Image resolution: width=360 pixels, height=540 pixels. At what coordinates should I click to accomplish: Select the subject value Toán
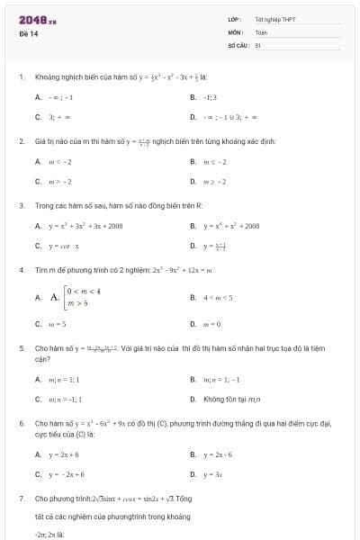[262, 31]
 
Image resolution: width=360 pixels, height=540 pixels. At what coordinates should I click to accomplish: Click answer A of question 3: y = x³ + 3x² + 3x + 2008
[85, 226]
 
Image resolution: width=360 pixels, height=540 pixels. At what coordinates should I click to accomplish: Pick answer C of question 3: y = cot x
[64, 245]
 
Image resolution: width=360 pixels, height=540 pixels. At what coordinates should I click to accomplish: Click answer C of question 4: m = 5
[57, 323]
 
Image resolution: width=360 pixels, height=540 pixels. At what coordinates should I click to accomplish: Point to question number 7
[20, 498]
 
